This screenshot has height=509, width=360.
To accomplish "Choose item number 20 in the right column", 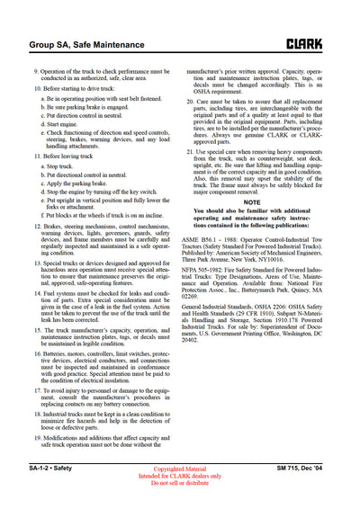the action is [191, 102].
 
